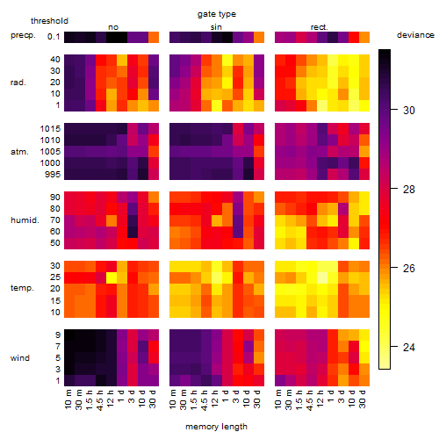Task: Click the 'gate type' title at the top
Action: click(217, 14)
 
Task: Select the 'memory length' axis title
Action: click(216, 427)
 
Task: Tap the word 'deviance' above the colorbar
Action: click(415, 35)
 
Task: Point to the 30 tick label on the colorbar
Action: click(409, 111)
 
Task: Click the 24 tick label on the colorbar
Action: click(409, 348)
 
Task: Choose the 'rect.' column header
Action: click(319, 27)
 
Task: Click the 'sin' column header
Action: click(216, 27)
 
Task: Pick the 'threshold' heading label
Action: click(49, 21)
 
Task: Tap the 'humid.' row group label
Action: click(25, 220)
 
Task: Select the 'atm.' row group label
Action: click(19, 152)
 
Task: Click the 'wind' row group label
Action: click(20, 358)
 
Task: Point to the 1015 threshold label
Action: click(50, 129)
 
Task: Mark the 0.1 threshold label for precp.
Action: click(54, 37)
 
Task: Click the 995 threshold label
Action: click(53, 175)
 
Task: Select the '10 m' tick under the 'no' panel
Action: click(68, 399)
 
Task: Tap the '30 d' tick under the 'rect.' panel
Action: click(363, 399)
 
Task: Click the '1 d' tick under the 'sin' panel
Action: click(226, 396)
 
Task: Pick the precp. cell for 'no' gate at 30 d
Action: click(154, 37)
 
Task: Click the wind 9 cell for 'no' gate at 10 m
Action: click(69, 335)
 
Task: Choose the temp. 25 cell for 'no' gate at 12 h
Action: click(112, 277)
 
